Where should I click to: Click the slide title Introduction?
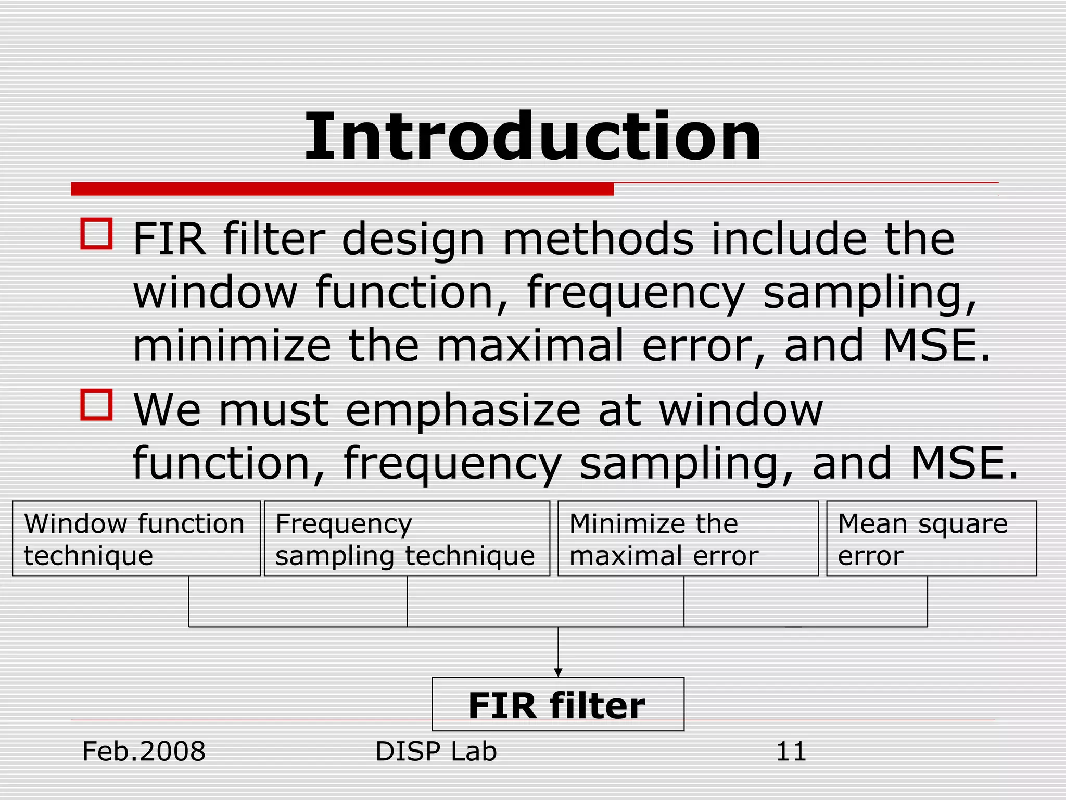tap(532, 137)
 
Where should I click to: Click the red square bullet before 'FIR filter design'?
tap(97, 234)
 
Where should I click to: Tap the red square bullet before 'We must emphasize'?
tap(97, 404)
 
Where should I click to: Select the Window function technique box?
tap(136, 538)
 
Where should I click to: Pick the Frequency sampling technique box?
tap(407, 538)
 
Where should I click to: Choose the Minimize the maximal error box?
tap(688, 538)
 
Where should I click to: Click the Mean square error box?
tap(931, 538)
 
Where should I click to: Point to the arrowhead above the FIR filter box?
tap(558, 672)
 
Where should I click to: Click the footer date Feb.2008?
tap(144, 752)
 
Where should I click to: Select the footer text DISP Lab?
tap(436, 752)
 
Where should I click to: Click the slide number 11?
tap(791, 752)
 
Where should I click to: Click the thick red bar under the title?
tap(342, 189)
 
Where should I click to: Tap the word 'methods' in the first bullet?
tap(598, 240)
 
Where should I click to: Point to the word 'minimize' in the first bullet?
tap(232, 346)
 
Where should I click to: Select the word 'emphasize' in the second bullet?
tap(463, 410)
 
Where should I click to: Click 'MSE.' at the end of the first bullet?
tap(937, 346)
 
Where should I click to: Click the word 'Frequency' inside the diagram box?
tap(344, 524)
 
